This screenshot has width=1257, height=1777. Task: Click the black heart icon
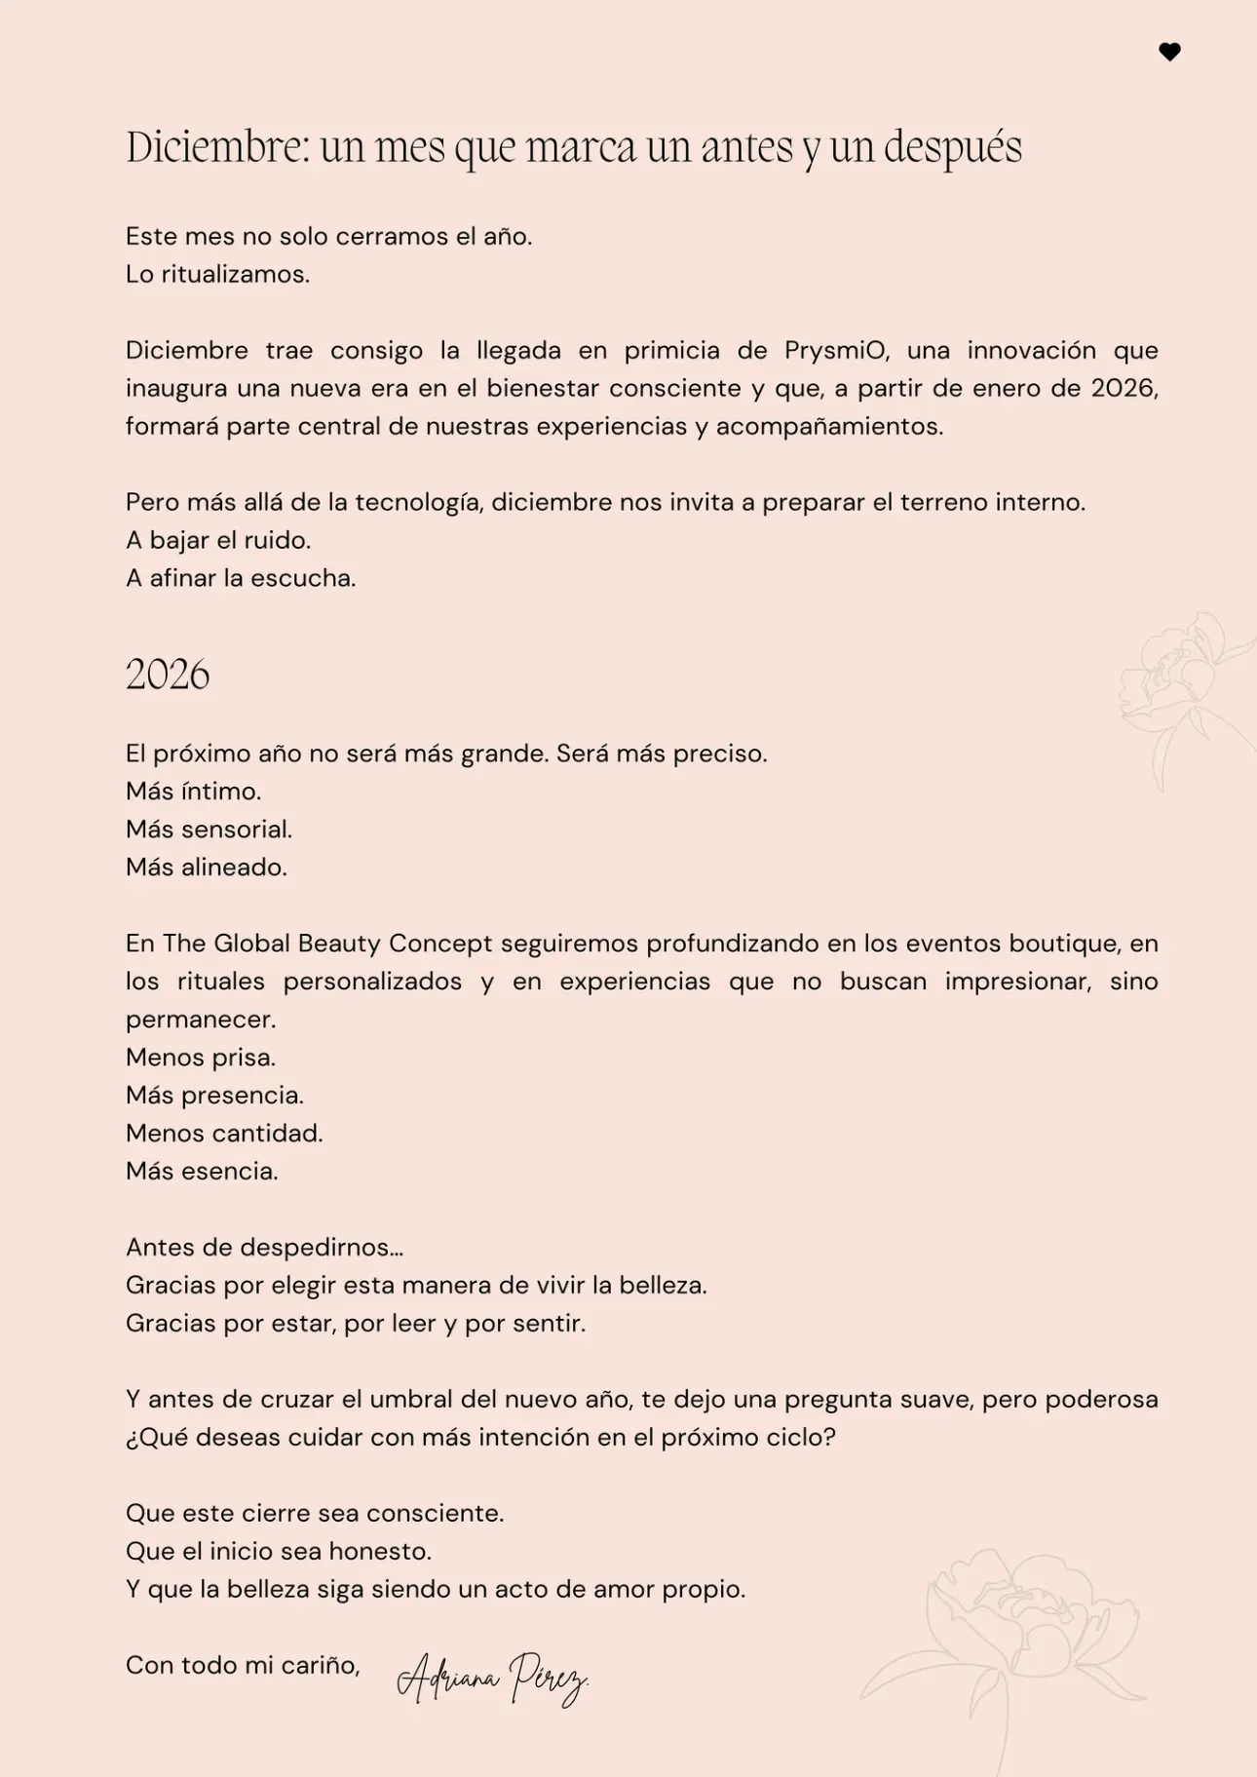click(1169, 52)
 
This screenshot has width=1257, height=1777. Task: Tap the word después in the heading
click(953, 148)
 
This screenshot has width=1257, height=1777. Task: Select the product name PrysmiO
click(836, 350)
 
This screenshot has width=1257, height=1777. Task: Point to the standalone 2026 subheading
click(168, 675)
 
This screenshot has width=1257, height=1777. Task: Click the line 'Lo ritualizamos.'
click(217, 274)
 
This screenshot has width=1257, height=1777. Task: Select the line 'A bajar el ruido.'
click(218, 540)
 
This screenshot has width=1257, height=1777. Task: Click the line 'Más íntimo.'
click(193, 791)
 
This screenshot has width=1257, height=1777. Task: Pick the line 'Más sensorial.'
click(209, 829)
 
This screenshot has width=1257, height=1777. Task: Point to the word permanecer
click(201, 1020)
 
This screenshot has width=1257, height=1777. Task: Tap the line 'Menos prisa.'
click(201, 1057)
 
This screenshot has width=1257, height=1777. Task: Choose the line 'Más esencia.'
click(202, 1171)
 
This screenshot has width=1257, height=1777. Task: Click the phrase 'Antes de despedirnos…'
click(264, 1247)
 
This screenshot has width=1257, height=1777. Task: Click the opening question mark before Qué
click(131, 1439)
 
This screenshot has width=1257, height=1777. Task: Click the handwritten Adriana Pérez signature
click(492, 1679)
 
